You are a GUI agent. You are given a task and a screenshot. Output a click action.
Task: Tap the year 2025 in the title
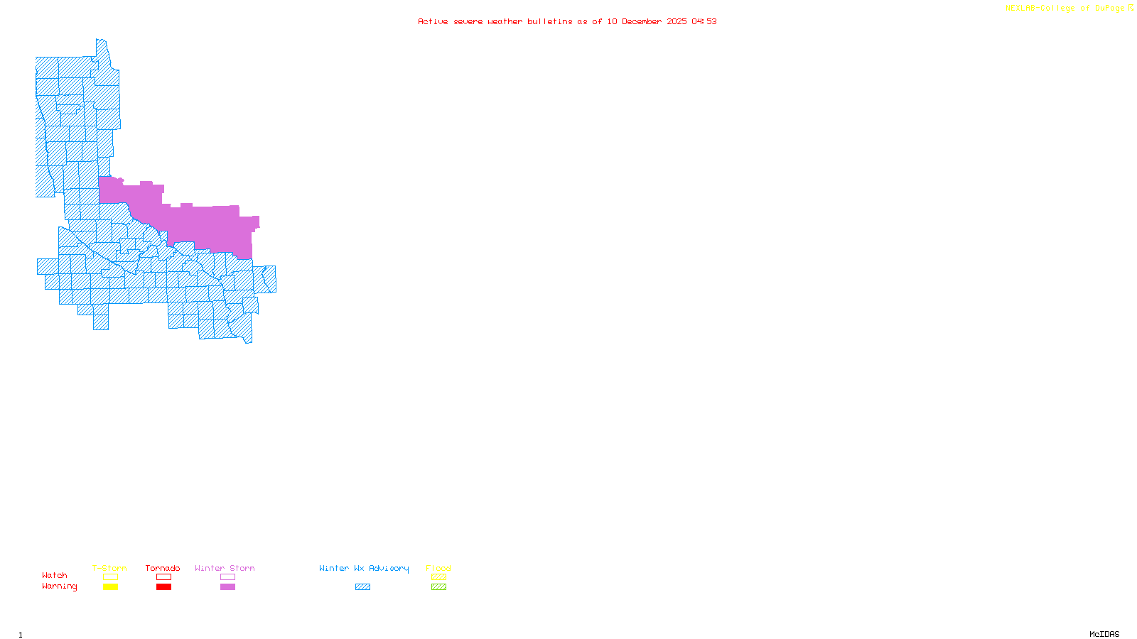677,21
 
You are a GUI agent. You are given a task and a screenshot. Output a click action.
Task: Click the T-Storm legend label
109,568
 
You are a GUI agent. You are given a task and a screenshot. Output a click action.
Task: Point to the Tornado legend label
163,568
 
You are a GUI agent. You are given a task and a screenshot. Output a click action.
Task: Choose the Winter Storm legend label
225,568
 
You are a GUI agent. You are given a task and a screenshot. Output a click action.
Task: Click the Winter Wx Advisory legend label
364,568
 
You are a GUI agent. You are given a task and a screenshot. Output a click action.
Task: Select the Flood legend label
438,568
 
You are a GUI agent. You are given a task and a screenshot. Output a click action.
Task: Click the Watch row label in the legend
55,575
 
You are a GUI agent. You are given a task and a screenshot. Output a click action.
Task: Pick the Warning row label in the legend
60,586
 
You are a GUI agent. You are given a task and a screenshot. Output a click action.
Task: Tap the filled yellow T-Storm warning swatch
110,587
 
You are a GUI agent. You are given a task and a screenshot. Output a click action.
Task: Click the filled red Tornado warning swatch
163,587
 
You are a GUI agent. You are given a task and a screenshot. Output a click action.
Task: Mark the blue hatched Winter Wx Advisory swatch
362,587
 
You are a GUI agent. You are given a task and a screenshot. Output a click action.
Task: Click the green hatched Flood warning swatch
438,587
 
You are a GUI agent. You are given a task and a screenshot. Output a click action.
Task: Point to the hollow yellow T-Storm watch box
110,577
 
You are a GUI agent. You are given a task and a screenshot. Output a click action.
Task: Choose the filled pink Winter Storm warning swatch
227,587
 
